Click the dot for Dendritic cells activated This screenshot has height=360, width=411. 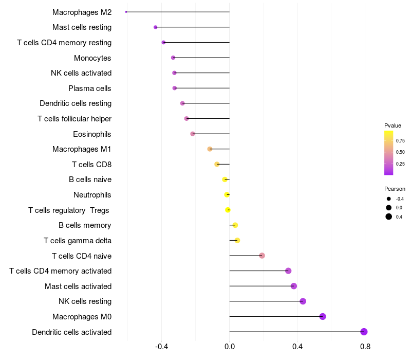[364, 332]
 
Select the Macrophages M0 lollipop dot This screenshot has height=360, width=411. [323, 316]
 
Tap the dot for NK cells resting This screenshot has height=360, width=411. [303, 301]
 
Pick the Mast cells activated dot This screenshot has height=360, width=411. [293, 286]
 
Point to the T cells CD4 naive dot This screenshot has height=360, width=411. [262, 256]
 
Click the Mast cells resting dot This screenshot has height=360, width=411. [156, 27]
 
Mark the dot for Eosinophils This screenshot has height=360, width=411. [193, 134]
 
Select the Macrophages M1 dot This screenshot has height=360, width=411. [210, 149]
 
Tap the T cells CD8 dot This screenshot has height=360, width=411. [217, 164]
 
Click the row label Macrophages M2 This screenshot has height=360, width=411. [82, 12]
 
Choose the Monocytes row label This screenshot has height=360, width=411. [92, 58]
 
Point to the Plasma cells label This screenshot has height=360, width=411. [90, 88]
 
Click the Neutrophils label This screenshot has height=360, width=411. [92, 195]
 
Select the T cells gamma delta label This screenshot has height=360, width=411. [78, 241]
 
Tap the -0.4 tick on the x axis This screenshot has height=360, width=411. [162, 347]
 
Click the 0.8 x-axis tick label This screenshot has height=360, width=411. [365, 347]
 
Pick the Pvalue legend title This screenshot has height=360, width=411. [393, 125]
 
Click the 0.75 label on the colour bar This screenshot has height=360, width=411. [400, 140]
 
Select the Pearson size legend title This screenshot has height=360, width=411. [395, 189]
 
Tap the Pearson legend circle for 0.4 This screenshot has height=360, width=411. [389, 217]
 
